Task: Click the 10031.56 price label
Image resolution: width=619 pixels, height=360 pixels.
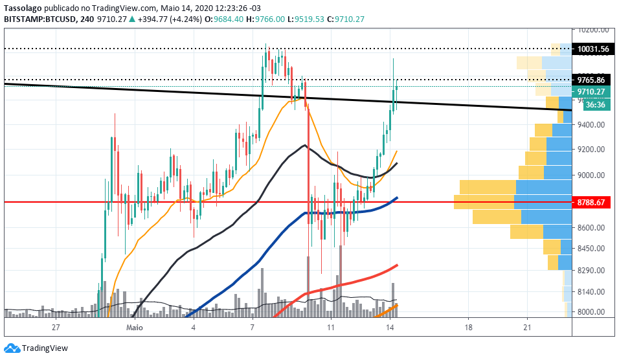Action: (593, 49)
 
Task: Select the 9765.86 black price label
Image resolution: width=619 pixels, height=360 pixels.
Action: (591, 80)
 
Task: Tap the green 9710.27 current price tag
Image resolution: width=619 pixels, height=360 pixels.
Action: (591, 91)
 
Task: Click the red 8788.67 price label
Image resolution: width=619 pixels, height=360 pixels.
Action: (591, 203)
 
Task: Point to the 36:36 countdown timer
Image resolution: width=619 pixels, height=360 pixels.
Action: (595, 105)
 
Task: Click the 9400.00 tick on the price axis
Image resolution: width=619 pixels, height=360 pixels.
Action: (591, 125)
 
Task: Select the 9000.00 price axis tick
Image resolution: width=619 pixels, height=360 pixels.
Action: (591, 175)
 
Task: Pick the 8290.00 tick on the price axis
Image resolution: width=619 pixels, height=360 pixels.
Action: (591, 271)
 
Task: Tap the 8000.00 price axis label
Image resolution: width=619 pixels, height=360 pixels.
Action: (591, 312)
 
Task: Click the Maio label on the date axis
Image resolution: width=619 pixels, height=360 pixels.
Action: (134, 327)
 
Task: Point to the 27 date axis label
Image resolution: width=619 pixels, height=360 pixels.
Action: (56, 327)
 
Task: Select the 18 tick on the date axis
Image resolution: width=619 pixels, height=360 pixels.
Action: (468, 327)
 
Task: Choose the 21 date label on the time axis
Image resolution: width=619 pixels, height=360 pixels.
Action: (527, 327)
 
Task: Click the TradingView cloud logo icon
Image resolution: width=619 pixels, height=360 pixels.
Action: (12, 348)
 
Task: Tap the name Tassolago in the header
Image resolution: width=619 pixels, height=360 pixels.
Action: (23, 8)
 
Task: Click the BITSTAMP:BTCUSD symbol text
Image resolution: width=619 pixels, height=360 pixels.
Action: (40, 19)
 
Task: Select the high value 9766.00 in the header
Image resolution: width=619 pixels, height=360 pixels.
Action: (270, 19)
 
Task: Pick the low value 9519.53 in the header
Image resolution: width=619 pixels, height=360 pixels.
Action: (309, 19)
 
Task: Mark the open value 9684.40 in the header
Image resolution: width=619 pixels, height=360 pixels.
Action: (229, 19)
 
